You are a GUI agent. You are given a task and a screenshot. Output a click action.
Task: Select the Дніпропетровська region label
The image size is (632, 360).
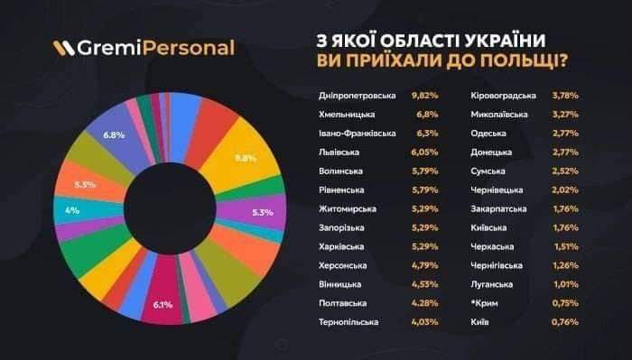pyautogui.click(x=358, y=95)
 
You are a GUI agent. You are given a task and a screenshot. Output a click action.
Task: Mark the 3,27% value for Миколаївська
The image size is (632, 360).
pyautogui.click(x=565, y=115)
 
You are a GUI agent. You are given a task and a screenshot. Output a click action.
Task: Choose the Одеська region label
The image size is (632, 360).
pyautogui.click(x=488, y=134)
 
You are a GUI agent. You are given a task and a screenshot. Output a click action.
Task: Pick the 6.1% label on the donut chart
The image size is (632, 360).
pyautogui.click(x=163, y=305)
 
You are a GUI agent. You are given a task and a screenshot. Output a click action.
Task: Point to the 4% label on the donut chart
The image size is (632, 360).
pyautogui.click(x=72, y=209)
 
